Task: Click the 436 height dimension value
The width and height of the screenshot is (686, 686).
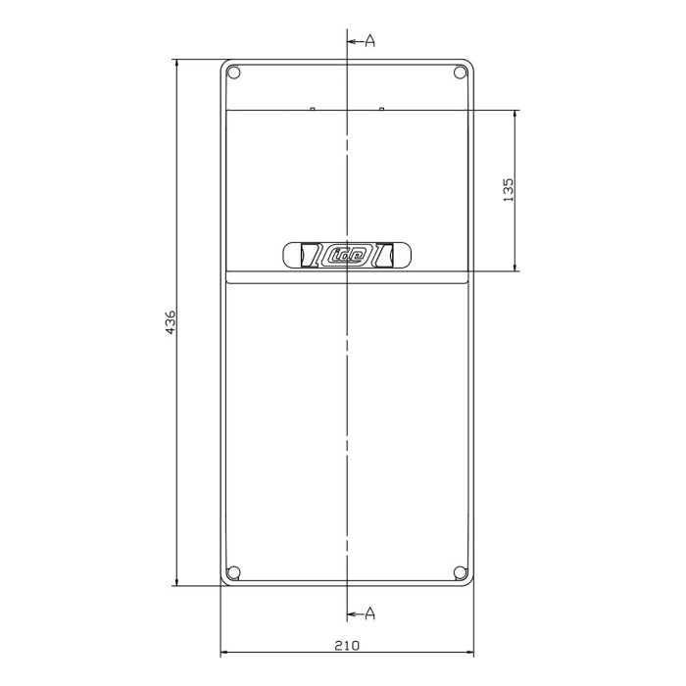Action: [170, 323]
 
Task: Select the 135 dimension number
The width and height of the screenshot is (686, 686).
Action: [508, 189]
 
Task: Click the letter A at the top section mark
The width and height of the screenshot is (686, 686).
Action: [370, 40]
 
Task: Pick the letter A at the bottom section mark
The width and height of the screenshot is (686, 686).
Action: [370, 613]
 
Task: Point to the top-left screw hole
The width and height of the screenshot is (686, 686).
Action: [233, 73]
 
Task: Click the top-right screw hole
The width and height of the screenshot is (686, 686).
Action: [461, 73]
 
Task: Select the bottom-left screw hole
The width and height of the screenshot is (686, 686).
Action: [233, 573]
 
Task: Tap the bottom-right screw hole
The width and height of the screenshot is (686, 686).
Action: [461, 573]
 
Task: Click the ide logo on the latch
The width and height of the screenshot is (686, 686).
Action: [347, 256]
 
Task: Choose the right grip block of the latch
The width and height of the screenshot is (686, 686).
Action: [385, 255]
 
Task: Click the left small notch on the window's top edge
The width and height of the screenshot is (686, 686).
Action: [312, 109]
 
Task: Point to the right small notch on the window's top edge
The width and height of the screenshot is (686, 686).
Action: [381, 109]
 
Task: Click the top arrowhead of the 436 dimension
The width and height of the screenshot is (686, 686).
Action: [176, 66]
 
